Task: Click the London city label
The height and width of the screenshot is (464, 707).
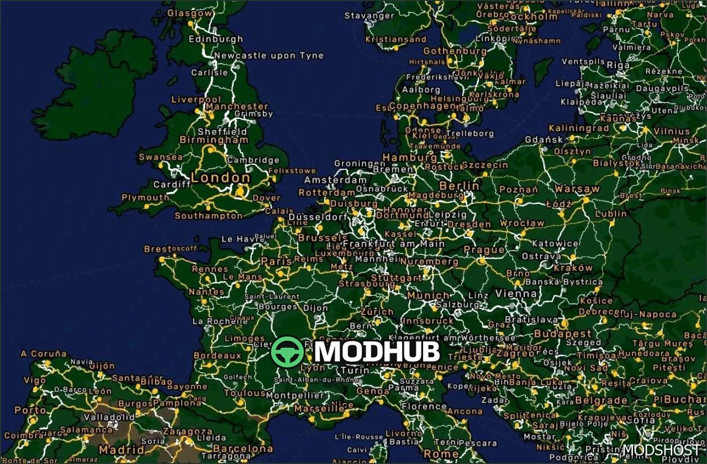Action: pyautogui.click(x=220, y=178)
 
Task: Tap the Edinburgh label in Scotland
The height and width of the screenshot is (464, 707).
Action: pyautogui.click(x=215, y=39)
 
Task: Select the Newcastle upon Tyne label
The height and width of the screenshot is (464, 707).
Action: pyautogui.click(x=268, y=56)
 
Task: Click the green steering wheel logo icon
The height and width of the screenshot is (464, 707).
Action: pyautogui.click(x=287, y=352)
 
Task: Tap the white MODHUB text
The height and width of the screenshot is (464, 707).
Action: pyautogui.click(x=377, y=352)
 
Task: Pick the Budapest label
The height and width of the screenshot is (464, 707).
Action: pyautogui.click(x=562, y=334)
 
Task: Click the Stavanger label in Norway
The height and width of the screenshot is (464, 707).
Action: pyautogui.click(x=369, y=16)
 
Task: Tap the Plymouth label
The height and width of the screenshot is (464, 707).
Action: pyautogui.click(x=145, y=197)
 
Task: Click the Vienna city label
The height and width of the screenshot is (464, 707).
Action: pyautogui.click(x=516, y=293)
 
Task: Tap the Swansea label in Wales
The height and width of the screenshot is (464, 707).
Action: pyautogui.click(x=160, y=157)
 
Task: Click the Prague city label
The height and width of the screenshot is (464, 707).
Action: pyautogui.click(x=484, y=249)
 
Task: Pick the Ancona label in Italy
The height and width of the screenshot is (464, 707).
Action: pyautogui.click(x=465, y=411)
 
